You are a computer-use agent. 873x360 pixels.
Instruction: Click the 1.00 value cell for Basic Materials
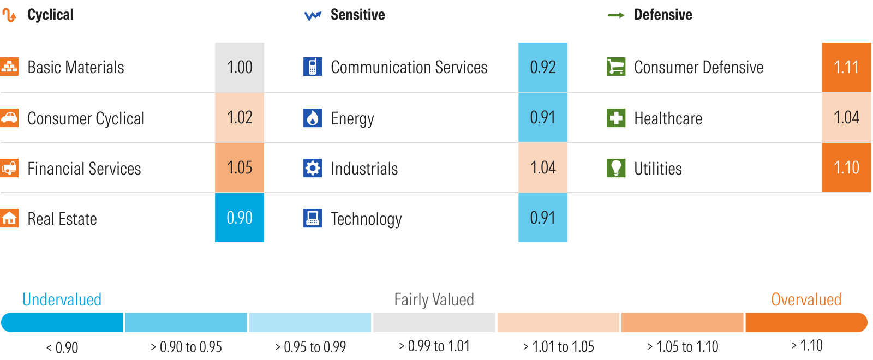point(240,67)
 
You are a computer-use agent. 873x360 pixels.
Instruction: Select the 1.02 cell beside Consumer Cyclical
point(240,117)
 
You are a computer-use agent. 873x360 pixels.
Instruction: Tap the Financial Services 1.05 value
point(240,167)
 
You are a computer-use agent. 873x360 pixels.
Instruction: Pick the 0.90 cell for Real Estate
point(240,218)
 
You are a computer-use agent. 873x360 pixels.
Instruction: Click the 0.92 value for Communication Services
point(543,67)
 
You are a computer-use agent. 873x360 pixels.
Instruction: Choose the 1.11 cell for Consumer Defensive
point(846,67)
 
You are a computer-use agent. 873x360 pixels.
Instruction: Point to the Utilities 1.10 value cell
point(846,167)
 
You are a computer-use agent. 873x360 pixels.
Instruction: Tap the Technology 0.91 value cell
point(543,218)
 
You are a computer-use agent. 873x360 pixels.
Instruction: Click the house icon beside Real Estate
point(9,218)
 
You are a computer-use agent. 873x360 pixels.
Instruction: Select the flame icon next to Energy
point(313,118)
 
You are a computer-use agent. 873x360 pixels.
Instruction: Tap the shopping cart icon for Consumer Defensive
point(616,67)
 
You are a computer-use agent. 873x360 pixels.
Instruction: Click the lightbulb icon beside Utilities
point(616,168)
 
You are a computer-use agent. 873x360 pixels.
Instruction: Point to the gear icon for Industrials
point(313,168)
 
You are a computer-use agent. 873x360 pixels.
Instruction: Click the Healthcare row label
point(668,118)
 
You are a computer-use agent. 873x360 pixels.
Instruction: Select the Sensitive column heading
point(357,15)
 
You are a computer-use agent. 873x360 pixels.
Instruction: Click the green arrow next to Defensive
point(616,15)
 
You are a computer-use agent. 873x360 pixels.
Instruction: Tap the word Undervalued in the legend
point(62,299)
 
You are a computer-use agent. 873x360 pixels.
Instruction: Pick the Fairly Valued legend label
point(434,299)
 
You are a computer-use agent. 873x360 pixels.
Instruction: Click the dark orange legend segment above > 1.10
point(806,322)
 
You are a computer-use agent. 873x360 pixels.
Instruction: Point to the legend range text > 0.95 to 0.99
point(310,347)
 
